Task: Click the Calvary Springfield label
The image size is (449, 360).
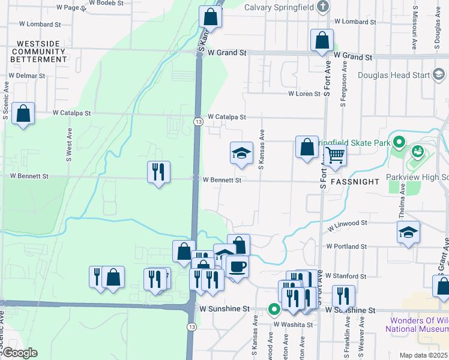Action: [280, 7]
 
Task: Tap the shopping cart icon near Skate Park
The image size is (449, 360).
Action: [335, 155]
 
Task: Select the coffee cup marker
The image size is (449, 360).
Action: [237, 266]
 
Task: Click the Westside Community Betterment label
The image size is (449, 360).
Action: [42, 52]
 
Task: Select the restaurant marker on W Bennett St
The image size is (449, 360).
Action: [158, 172]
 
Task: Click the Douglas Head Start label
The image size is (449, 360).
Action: [394, 75]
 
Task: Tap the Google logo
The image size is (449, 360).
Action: [19, 353]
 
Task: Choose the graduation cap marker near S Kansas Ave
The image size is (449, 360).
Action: [241, 153]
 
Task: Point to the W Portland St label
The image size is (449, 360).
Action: [346, 247]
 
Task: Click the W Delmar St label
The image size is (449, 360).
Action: [27, 76]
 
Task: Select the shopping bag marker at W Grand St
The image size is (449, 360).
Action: [322, 40]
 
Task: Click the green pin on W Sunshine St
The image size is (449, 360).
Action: [274, 310]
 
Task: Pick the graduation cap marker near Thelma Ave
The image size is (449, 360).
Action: [408, 232]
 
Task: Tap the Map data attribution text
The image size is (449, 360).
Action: [424, 355]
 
